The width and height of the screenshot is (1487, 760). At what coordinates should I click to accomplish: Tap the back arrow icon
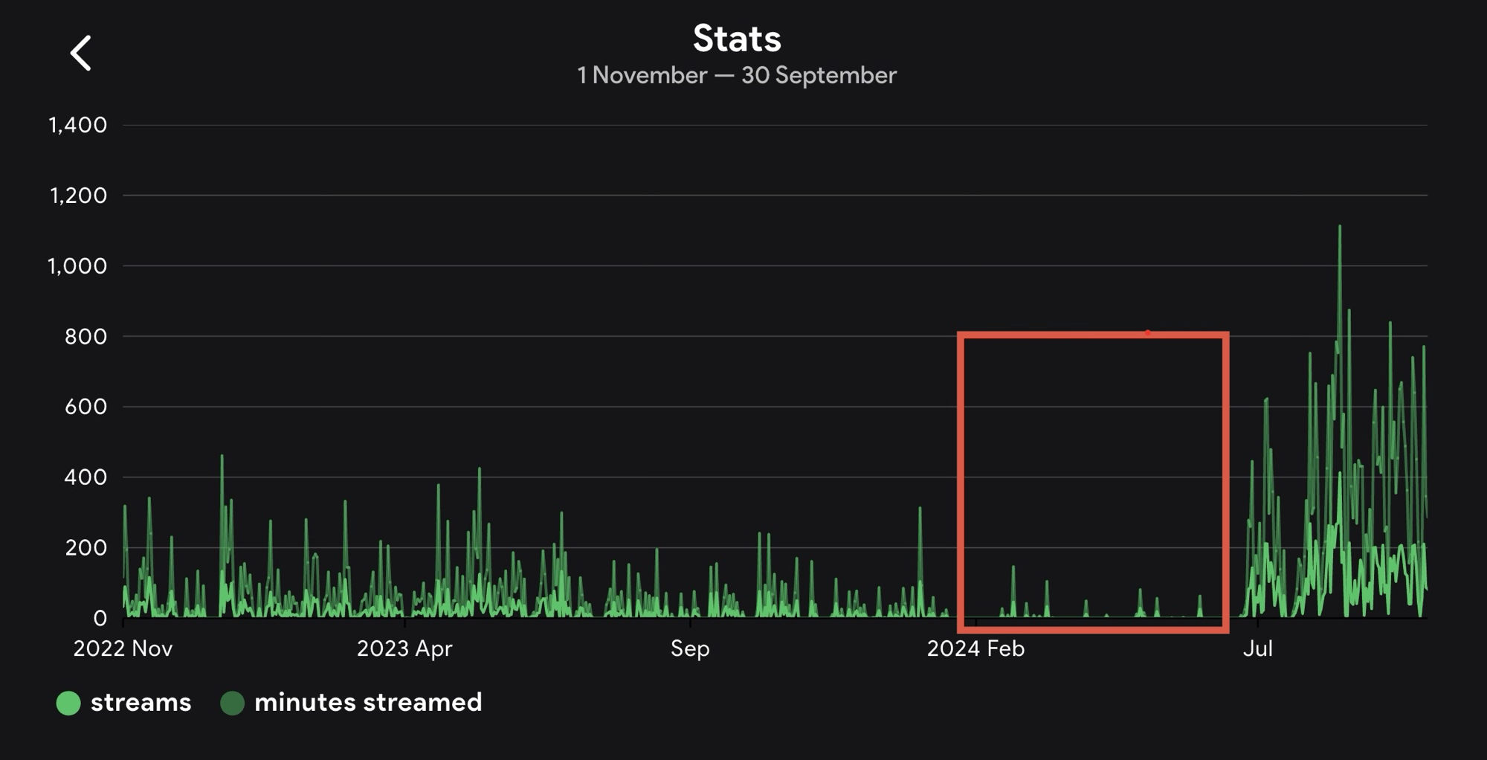coord(80,54)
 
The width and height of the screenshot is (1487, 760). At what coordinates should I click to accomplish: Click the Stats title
coord(737,39)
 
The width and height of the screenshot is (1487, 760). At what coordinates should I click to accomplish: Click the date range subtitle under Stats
coord(737,76)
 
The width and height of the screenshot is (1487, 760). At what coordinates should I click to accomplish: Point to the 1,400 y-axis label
coord(78,125)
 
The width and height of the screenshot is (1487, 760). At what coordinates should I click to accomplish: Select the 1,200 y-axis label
coord(78,196)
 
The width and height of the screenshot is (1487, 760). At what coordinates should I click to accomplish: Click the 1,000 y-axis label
coord(78,266)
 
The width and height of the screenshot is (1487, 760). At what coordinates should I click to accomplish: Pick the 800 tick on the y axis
coord(86,337)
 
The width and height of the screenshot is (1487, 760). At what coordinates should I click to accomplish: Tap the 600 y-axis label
coord(86,407)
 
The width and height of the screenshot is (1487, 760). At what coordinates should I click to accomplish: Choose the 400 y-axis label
coord(86,477)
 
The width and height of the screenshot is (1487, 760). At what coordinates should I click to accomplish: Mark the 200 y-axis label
coord(86,548)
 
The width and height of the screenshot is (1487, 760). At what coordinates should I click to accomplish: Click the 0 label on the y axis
coord(100,619)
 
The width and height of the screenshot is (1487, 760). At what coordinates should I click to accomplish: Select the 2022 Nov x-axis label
coord(123,649)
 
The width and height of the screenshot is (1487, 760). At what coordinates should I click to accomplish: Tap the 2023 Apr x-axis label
coord(404,649)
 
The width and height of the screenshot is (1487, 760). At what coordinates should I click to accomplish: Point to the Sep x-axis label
coord(690,649)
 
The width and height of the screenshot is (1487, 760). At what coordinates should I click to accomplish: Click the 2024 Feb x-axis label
coord(975,649)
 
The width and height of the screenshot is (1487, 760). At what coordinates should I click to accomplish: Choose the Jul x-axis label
coord(1258,649)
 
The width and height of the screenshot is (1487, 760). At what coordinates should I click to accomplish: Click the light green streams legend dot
coord(68,703)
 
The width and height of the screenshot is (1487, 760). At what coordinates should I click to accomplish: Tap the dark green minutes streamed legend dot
coord(233,703)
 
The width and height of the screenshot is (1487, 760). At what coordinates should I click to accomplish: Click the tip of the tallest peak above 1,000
coord(1340,226)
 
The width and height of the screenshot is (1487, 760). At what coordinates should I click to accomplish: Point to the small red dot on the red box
coord(1148,333)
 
